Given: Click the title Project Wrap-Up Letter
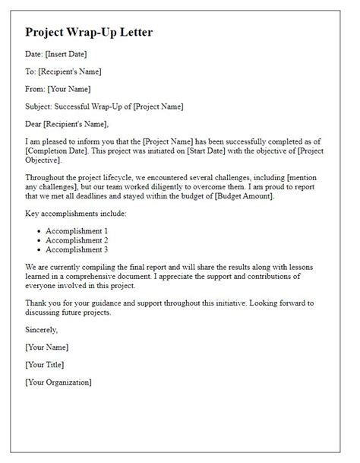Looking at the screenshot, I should [x=89, y=33].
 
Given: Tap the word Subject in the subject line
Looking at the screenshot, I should [x=39, y=106].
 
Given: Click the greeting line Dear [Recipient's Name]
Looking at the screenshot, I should [x=67, y=124].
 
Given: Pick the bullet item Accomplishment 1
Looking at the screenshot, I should [x=77, y=231].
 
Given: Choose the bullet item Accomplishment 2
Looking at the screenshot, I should [x=77, y=240].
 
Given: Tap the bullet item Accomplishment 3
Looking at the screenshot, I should [x=77, y=249].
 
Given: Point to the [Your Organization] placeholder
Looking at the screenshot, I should [x=58, y=382].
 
